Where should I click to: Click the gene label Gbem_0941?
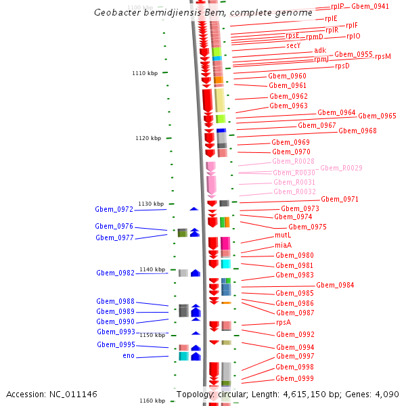370,6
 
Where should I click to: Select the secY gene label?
293,46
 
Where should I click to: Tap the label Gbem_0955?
353,54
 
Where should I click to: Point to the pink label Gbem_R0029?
341,168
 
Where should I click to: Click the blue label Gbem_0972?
114,210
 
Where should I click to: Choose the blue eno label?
129,356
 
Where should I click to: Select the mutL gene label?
283,235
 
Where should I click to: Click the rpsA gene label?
284,323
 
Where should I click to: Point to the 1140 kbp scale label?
152,270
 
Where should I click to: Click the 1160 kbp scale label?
152,401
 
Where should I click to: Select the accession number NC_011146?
72,394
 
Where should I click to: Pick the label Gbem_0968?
357,131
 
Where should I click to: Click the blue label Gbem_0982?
115,273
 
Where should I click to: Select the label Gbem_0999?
294,378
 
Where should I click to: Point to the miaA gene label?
284,245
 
